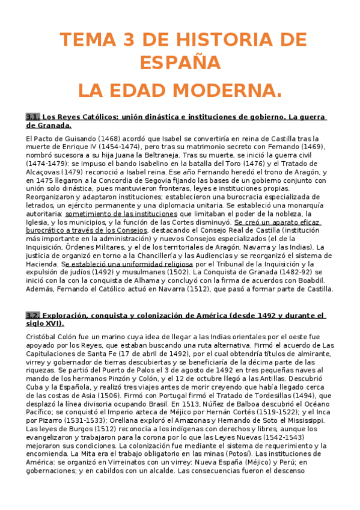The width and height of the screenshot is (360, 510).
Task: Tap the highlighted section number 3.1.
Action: tap(33, 117)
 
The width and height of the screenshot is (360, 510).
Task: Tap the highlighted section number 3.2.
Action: tap(33, 315)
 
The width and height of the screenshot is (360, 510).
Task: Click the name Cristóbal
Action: tap(41, 337)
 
